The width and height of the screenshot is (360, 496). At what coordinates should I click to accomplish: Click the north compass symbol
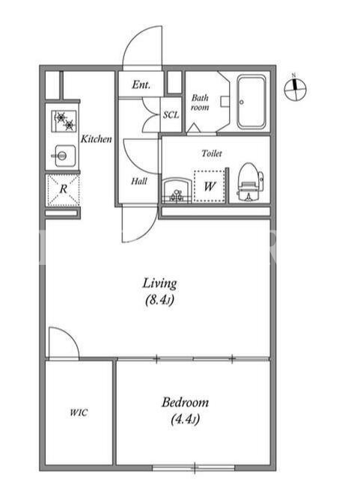[295, 89]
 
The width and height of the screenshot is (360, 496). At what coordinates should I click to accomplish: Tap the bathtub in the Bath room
[251, 102]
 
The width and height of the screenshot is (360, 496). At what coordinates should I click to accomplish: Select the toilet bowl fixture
[250, 182]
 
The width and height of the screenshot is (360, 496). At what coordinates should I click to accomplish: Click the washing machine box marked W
[209, 186]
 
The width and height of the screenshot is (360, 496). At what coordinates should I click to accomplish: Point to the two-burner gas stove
[64, 121]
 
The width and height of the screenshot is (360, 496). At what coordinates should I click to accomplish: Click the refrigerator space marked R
[63, 190]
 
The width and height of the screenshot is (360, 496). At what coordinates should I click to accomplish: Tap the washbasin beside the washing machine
[177, 191]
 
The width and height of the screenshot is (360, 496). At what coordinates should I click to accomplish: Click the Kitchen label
[96, 139]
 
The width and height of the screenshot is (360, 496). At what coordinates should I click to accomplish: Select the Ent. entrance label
[141, 85]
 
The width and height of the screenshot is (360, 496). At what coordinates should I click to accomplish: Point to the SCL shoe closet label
[171, 114]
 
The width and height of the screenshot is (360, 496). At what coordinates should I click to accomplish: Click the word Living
[159, 284]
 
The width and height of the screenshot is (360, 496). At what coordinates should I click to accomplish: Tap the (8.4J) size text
[159, 299]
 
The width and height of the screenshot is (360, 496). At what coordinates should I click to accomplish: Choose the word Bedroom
[185, 402]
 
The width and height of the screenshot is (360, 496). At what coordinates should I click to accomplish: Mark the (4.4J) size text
[185, 419]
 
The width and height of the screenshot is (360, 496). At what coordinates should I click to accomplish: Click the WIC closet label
[79, 412]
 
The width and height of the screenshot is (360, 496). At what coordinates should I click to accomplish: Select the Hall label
[139, 181]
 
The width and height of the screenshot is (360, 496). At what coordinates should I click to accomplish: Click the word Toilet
[212, 153]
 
